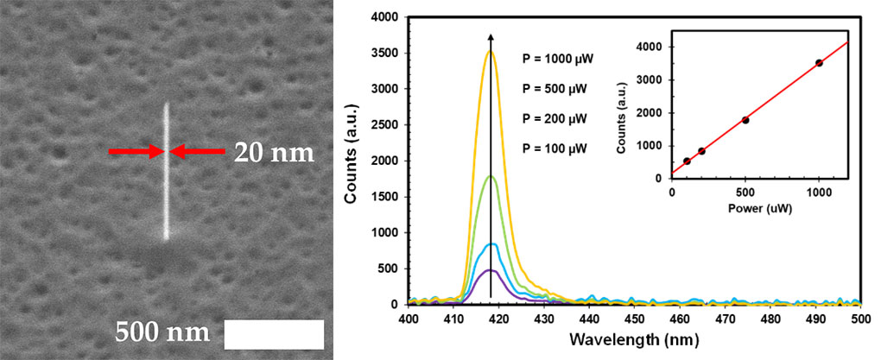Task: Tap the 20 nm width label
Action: tap(274, 153)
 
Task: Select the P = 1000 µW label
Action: tap(557, 60)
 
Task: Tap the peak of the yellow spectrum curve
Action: tap(491, 52)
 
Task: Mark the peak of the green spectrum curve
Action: tap(491, 176)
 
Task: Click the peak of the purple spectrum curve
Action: tap(491, 270)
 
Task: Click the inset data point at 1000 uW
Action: tap(819, 63)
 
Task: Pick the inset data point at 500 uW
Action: tap(745, 120)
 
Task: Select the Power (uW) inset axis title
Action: tap(759, 205)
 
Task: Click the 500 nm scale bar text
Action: tap(163, 333)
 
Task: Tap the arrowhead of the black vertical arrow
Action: tap(491, 36)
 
